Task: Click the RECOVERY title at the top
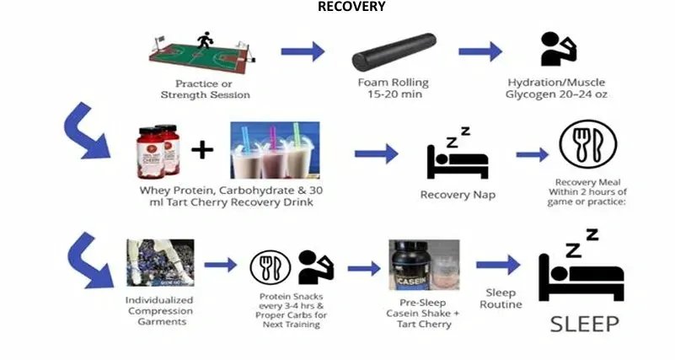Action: coord(351,7)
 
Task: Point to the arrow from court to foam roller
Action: coord(302,51)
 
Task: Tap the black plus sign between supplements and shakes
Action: coord(202,151)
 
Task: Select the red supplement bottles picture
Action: coord(161,151)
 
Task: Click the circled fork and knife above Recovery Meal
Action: coord(587,145)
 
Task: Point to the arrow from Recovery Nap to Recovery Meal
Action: coord(532,155)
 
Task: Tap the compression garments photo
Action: coord(160,263)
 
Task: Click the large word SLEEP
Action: coord(585,324)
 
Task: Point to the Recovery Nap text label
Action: coord(458,196)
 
